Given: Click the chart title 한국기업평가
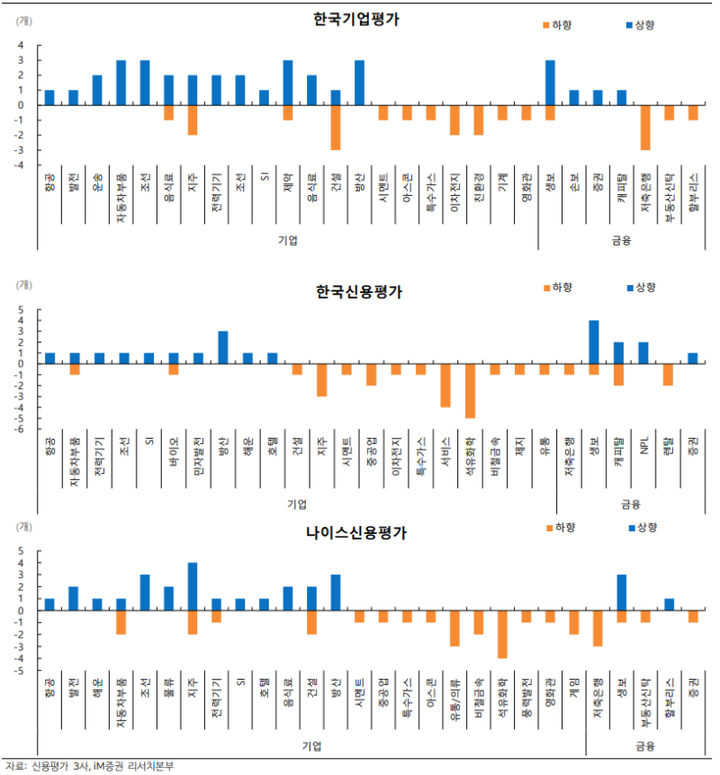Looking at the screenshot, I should (x=355, y=19).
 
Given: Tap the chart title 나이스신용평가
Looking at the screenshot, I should (x=355, y=532).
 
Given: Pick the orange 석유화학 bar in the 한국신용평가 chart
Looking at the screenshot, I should (x=469, y=391).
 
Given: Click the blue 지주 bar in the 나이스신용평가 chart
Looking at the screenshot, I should (x=192, y=586).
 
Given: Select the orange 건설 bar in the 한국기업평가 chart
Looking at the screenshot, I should (x=335, y=127).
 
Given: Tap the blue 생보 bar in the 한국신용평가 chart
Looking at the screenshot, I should (x=594, y=342).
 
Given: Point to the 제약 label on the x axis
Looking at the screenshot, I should (x=288, y=183).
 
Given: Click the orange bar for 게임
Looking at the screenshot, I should (x=573, y=621).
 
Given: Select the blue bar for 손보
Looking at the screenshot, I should (x=574, y=97).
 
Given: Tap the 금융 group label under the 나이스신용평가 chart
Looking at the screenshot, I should (x=644, y=745).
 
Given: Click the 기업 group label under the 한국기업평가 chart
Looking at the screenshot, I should (x=288, y=240).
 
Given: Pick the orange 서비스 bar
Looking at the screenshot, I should (x=445, y=386).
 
